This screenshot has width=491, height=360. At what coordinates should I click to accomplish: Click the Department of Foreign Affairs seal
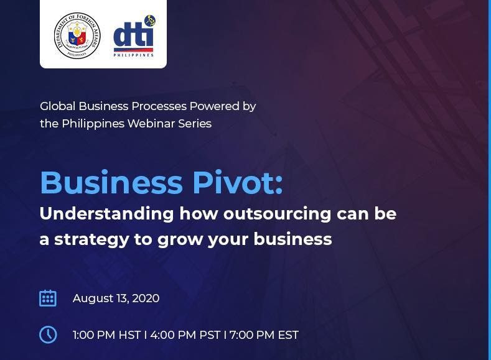(77, 35)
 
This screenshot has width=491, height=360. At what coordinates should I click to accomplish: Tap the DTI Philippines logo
(134, 36)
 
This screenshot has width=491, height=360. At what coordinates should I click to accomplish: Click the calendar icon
(48, 298)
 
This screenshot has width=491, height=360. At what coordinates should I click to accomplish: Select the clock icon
(48, 335)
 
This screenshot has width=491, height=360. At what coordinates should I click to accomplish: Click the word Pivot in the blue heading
(238, 182)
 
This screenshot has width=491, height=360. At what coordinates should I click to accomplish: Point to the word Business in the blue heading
(111, 182)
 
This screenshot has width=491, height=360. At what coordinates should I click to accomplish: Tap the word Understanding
(107, 214)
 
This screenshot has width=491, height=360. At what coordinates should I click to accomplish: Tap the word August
(93, 298)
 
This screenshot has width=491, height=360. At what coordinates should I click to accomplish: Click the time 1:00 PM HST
(106, 335)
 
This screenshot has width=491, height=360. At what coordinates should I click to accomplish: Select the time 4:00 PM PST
(185, 335)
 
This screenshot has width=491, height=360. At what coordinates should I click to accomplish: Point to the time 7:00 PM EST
(264, 335)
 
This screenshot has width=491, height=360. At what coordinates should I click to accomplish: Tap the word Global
(58, 106)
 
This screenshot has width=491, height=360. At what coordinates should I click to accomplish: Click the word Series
(195, 124)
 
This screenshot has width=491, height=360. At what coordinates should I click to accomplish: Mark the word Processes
(159, 106)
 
